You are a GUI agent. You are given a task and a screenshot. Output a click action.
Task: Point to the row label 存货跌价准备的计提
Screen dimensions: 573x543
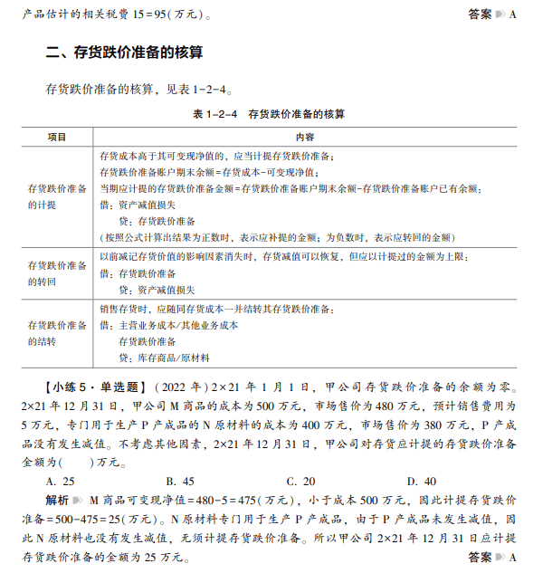[x=58, y=196]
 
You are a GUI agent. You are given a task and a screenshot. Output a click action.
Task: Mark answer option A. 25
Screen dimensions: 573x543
[x=62, y=482]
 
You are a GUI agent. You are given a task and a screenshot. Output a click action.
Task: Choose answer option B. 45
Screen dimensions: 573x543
[x=180, y=482]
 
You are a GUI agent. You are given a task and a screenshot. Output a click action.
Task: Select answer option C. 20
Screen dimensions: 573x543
[x=300, y=482]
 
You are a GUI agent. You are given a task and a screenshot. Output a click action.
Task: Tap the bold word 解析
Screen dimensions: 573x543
[x=58, y=499]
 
